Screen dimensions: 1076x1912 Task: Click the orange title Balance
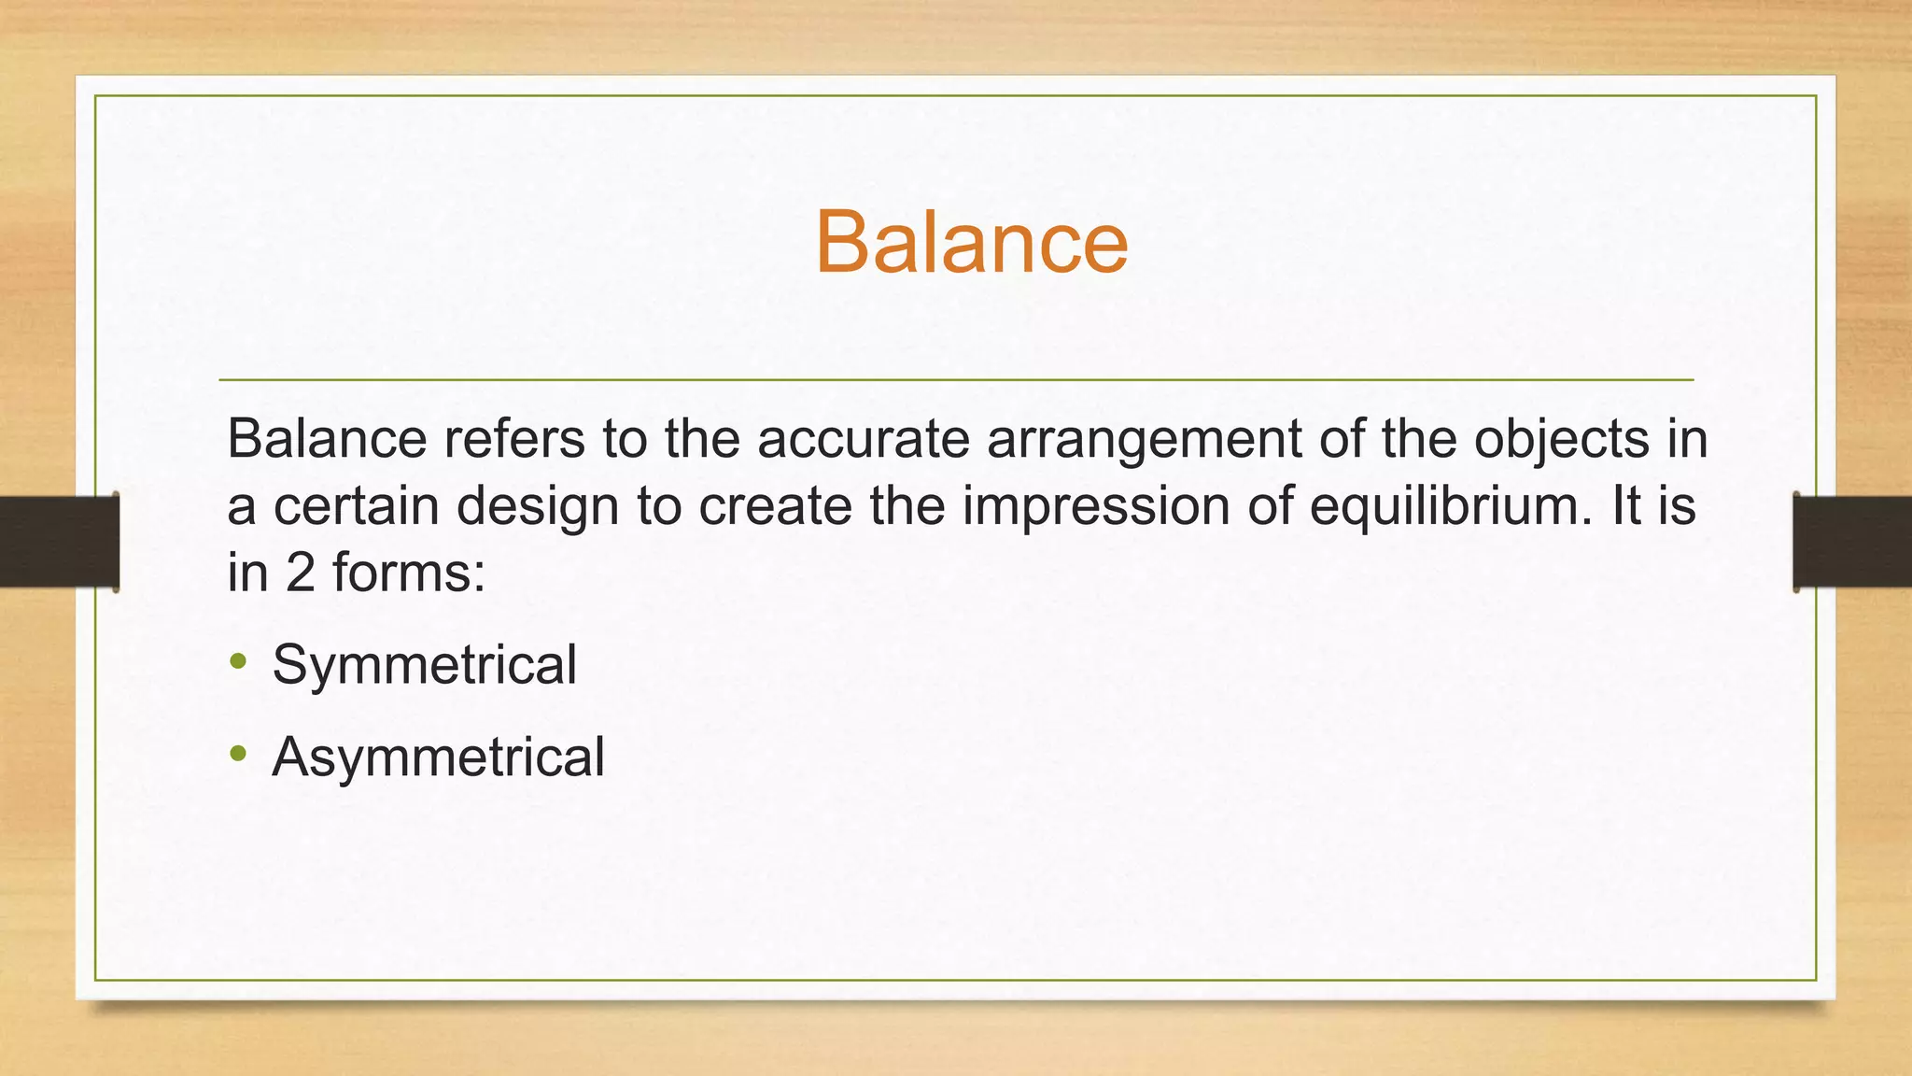point(971,242)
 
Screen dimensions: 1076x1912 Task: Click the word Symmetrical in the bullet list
point(424,665)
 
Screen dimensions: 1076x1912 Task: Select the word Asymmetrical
point(438,757)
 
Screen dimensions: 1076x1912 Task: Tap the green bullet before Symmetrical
point(239,661)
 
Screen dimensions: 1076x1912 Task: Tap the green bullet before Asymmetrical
point(239,753)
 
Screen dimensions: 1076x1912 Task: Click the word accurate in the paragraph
point(863,439)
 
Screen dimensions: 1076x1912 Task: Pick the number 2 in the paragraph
point(300,573)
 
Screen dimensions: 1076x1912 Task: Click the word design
point(538,507)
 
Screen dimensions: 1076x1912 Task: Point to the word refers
point(514,439)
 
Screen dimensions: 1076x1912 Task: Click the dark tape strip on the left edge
point(58,542)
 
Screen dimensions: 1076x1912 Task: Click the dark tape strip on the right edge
point(1853,542)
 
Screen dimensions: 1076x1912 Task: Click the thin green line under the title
point(956,380)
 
